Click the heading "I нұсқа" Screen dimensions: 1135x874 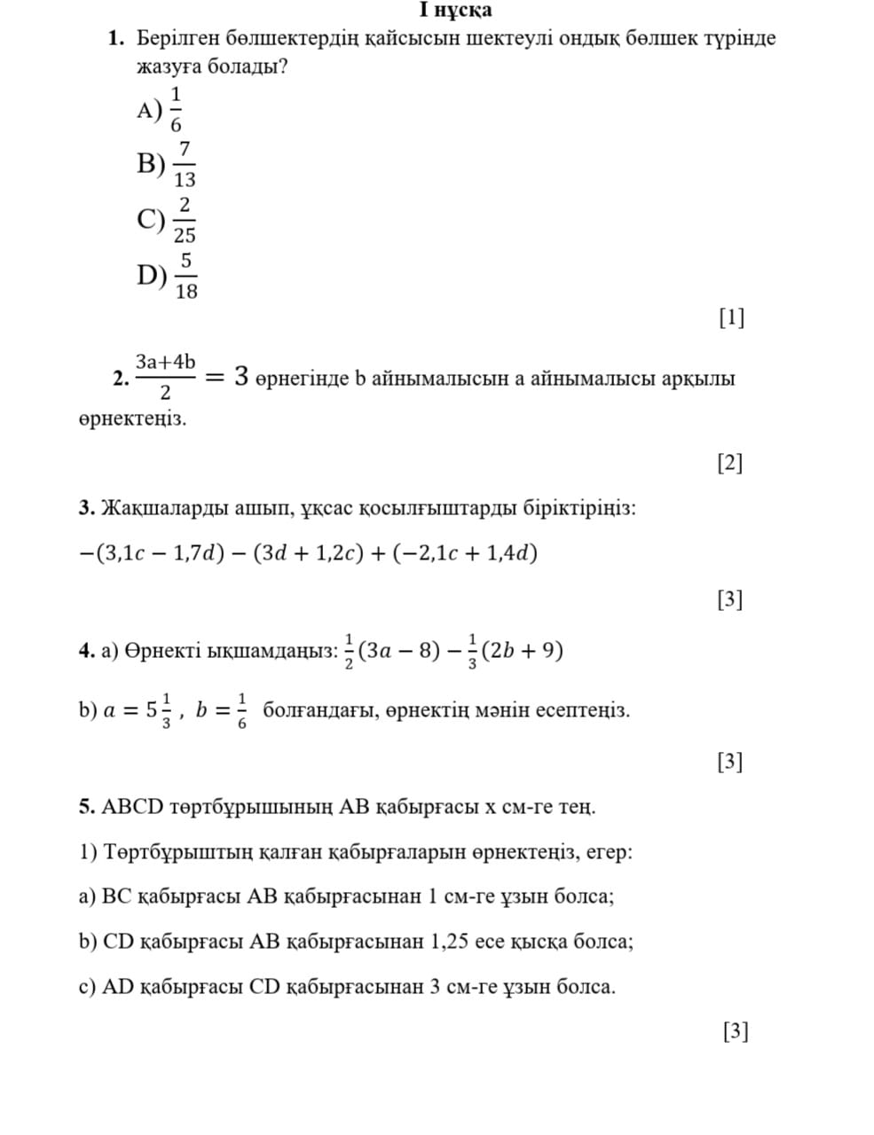[x=456, y=11]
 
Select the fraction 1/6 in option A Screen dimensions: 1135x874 [x=176, y=109]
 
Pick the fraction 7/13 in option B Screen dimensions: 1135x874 [x=185, y=164]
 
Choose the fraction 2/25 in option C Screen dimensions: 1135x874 [x=185, y=219]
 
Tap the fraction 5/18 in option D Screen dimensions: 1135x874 [x=185, y=275]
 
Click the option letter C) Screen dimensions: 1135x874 [x=150, y=219]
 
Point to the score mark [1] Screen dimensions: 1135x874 [x=731, y=317]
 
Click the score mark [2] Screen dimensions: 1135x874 [x=729, y=462]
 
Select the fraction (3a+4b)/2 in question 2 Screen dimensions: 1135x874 [x=165, y=377]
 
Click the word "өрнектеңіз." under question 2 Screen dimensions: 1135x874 [x=132, y=419]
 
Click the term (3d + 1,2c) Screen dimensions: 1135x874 [x=309, y=553]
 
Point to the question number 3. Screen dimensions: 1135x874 [x=86, y=509]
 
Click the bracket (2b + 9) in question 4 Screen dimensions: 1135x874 [x=522, y=651]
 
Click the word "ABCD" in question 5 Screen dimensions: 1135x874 [x=133, y=807]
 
